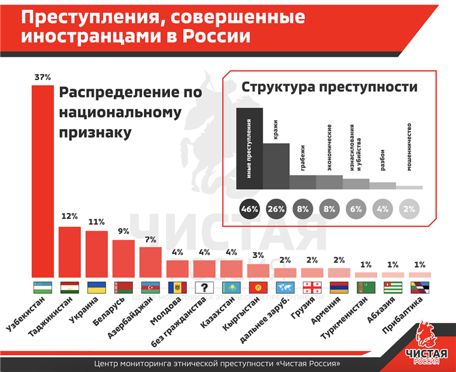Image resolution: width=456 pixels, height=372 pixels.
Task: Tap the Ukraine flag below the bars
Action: [x=96, y=288]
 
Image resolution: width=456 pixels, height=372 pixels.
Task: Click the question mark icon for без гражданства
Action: [x=205, y=288]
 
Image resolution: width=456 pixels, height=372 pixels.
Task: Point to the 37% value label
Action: [x=42, y=78]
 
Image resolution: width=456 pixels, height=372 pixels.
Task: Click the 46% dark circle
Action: [x=249, y=209]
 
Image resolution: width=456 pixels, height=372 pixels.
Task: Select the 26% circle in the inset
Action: [x=276, y=209]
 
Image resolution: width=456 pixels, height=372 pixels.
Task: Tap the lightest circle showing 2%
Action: [x=408, y=209]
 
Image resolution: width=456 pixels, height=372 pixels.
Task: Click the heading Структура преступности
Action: [x=329, y=87]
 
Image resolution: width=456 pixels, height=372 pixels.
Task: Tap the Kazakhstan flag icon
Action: [x=231, y=288]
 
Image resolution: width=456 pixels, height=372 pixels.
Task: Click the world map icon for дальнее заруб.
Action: [x=285, y=288]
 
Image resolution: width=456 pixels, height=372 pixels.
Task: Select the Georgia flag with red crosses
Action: [x=312, y=288]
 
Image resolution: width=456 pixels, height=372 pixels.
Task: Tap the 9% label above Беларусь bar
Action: [x=123, y=231]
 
